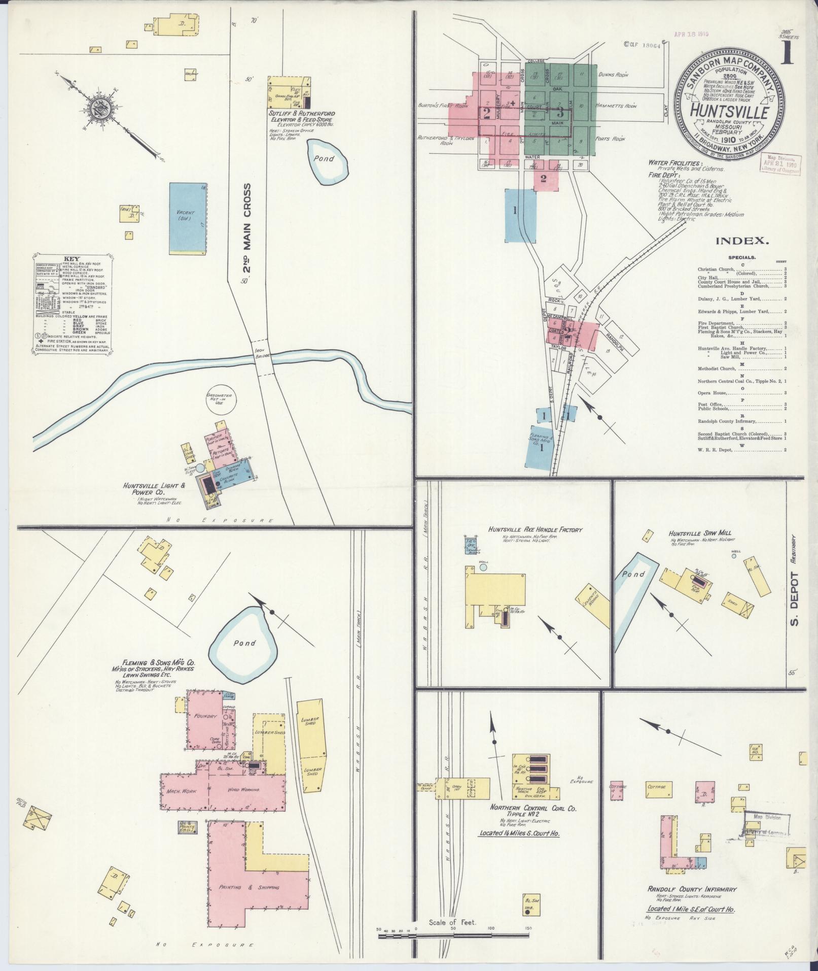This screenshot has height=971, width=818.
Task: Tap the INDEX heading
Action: click(x=742, y=242)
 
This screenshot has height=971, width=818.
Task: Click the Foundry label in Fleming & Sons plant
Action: click(x=205, y=716)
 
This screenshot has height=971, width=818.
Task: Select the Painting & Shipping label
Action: click(x=248, y=887)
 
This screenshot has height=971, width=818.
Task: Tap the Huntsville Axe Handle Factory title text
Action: click(x=536, y=529)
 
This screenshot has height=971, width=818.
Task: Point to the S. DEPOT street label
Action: click(x=795, y=599)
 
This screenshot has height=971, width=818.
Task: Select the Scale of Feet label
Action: click(x=452, y=922)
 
